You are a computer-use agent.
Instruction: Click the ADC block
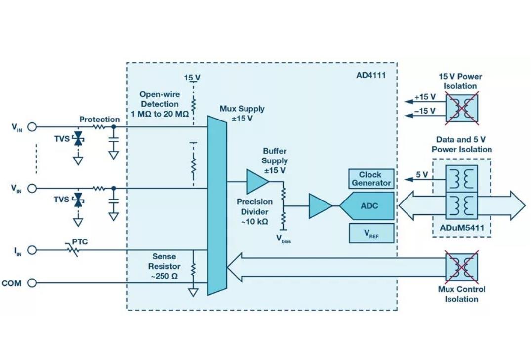click(x=368, y=206)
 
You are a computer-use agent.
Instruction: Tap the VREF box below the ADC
click(x=371, y=234)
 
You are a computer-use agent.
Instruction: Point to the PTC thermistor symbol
click(x=74, y=251)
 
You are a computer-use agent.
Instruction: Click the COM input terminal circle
click(x=32, y=283)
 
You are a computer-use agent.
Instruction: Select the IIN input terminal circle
click(x=32, y=250)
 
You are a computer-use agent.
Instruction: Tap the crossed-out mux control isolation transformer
click(x=462, y=267)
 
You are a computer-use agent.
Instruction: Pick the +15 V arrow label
click(x=424, y=97)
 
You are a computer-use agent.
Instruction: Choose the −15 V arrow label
click(x=424, y=111)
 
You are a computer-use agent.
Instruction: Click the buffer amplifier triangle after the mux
click(x=257, y=181)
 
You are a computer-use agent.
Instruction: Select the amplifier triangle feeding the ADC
click(x=320, y=206)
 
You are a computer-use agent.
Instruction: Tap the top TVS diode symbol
click(x=78, y=139)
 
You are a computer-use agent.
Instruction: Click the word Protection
click(x=99, y=120)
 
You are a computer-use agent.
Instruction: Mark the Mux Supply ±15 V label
click(x=242, y=114)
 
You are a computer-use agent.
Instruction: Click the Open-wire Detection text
click(x=160, y=104)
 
